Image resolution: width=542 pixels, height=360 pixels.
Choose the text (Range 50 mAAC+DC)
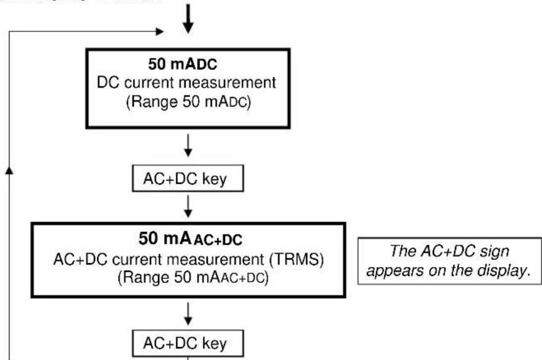coord(191,272)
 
